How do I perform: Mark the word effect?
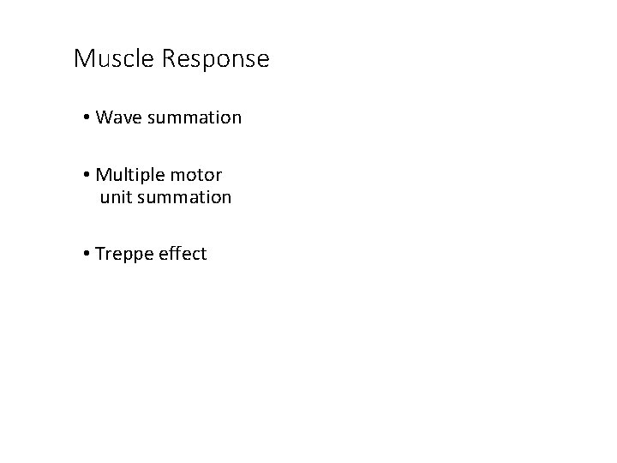182,254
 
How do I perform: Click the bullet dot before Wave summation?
88,117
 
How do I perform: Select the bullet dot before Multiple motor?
88,176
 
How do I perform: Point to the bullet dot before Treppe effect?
88,254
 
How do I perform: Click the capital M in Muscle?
83,59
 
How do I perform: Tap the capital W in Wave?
105,117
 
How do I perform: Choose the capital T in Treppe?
100,254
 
